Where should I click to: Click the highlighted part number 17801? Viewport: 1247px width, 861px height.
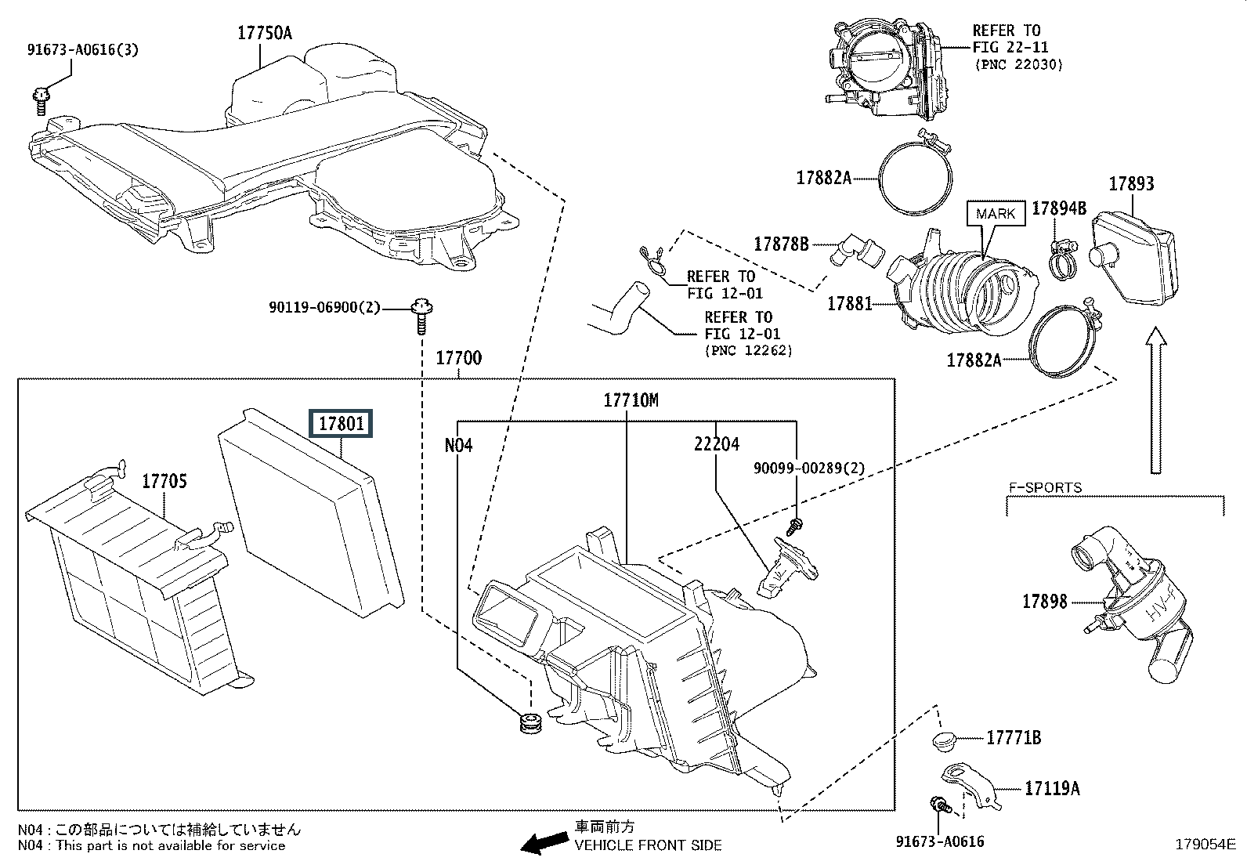click(341, 424)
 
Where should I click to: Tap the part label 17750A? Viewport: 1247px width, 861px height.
click(265, 33)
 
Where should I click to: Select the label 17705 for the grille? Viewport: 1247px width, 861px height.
click(164, 480)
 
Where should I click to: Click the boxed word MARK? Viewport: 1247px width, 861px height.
click(996, 214)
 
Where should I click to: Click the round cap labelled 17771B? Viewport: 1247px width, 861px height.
click(947, 740)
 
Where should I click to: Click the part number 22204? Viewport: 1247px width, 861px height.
click(716, 444)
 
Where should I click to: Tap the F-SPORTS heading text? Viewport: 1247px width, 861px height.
click(1044, 487)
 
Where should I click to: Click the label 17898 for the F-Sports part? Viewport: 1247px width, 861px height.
click(1045, 602)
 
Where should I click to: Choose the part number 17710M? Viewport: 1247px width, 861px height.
click(631, 400)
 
